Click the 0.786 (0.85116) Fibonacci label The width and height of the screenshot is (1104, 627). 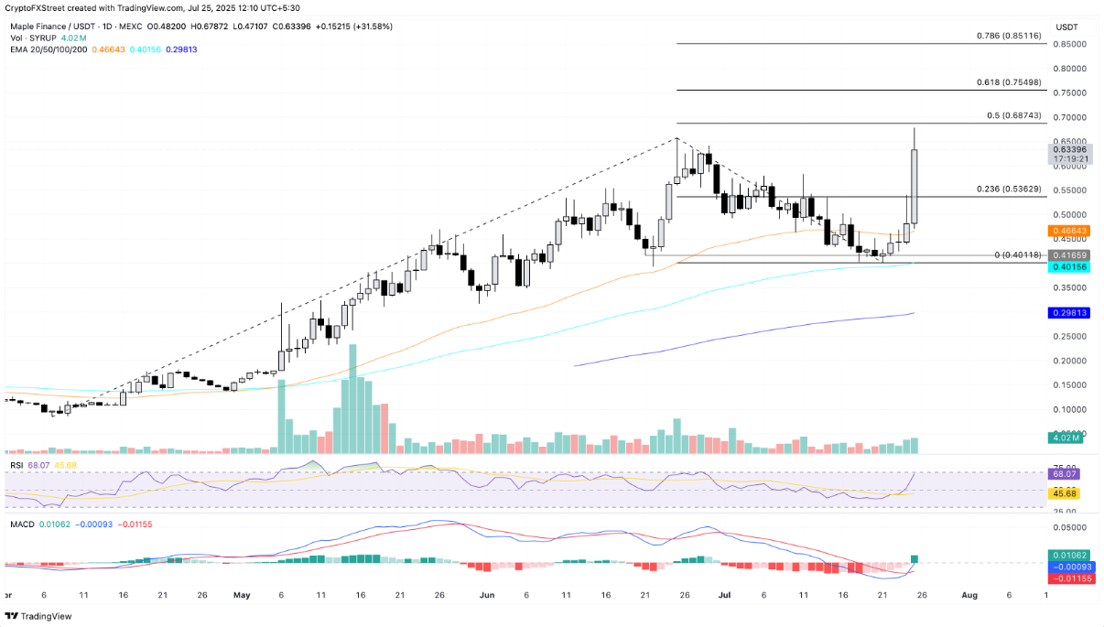point(1007,36)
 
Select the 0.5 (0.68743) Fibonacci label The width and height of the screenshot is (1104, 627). point(1013,115)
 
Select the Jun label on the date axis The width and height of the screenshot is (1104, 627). point(486,594)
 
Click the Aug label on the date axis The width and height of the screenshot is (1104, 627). point(969,594)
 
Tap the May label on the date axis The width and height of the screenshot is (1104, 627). point(243,594)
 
